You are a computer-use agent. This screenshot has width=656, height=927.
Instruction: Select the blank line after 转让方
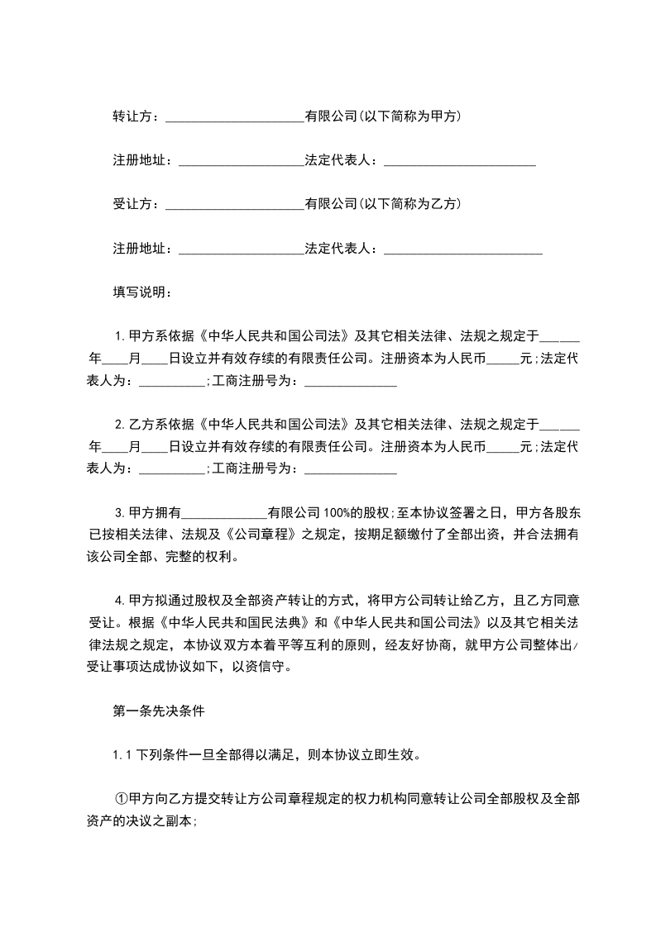[235, 118]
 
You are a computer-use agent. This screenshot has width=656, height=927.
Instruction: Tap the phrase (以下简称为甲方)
[409, 116]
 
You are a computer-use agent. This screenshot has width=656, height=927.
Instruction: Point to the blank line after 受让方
[235, 206]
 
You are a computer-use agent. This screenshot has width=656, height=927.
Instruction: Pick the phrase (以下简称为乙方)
[409, 204]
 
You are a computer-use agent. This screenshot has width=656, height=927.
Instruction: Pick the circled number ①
[121, 800]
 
